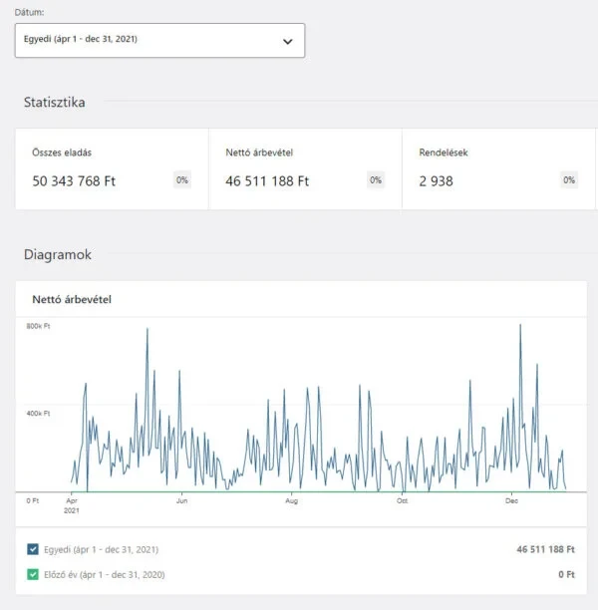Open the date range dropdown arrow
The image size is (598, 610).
(288, 42)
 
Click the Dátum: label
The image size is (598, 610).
(31, 12)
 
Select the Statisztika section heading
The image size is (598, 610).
(55, 102)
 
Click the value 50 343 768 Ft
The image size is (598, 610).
(75, 181)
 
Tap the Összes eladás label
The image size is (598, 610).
(62, 153)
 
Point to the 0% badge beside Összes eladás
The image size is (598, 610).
(182, 180)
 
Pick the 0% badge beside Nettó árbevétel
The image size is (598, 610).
(376, 180)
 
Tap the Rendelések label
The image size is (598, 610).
(444, 153)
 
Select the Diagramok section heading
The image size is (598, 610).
(58, 255)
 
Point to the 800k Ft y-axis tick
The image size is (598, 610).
(38, 327)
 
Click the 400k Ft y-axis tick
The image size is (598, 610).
(38, 413)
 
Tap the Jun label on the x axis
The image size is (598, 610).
(181, 501)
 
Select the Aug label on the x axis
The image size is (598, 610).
(291, 501)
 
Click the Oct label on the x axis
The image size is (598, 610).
(402, 501)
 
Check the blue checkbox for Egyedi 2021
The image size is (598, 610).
(34, 549)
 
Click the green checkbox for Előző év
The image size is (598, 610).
(34, 575)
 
